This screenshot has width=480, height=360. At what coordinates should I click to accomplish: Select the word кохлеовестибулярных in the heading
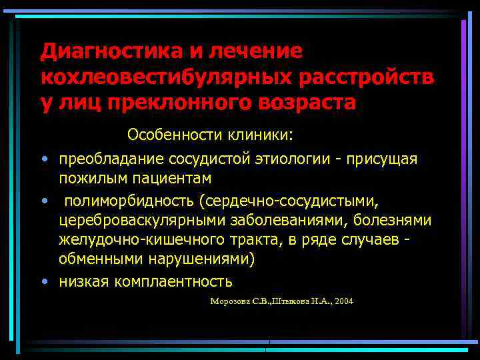[x=165, y=77]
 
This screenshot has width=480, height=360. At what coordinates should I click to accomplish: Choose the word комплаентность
[x=174, y=281]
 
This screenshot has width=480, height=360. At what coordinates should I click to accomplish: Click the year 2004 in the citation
[x=345, y=301]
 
